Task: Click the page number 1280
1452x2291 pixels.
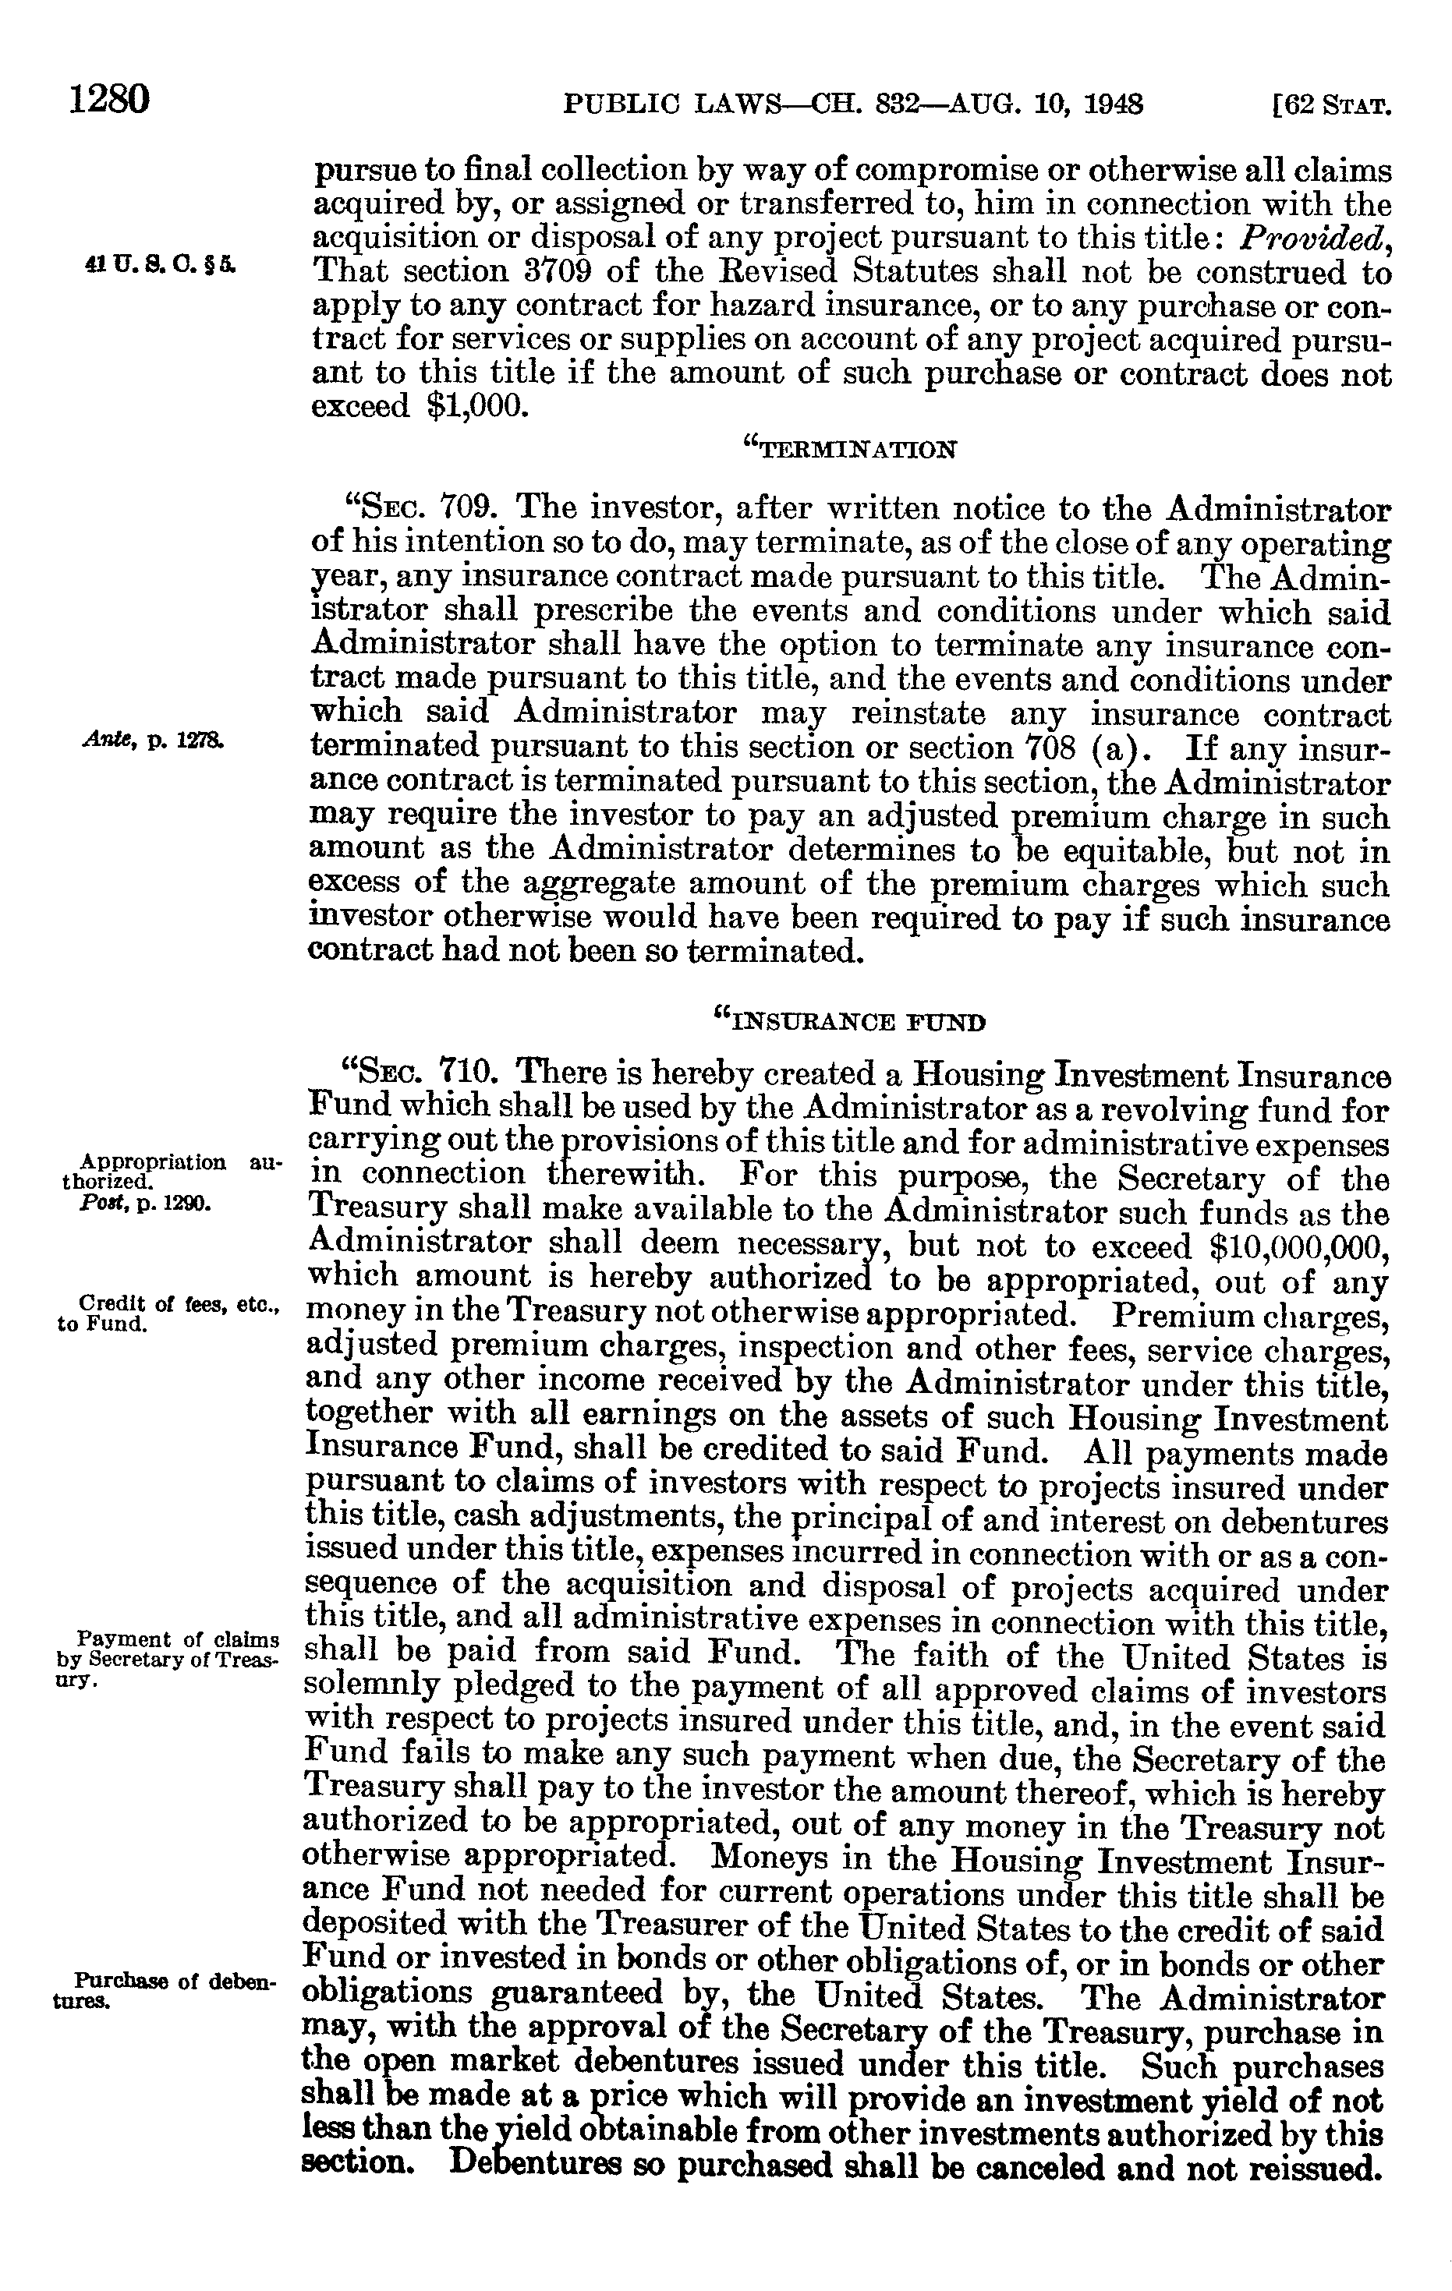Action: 109,99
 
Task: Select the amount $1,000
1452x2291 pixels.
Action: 476,406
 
